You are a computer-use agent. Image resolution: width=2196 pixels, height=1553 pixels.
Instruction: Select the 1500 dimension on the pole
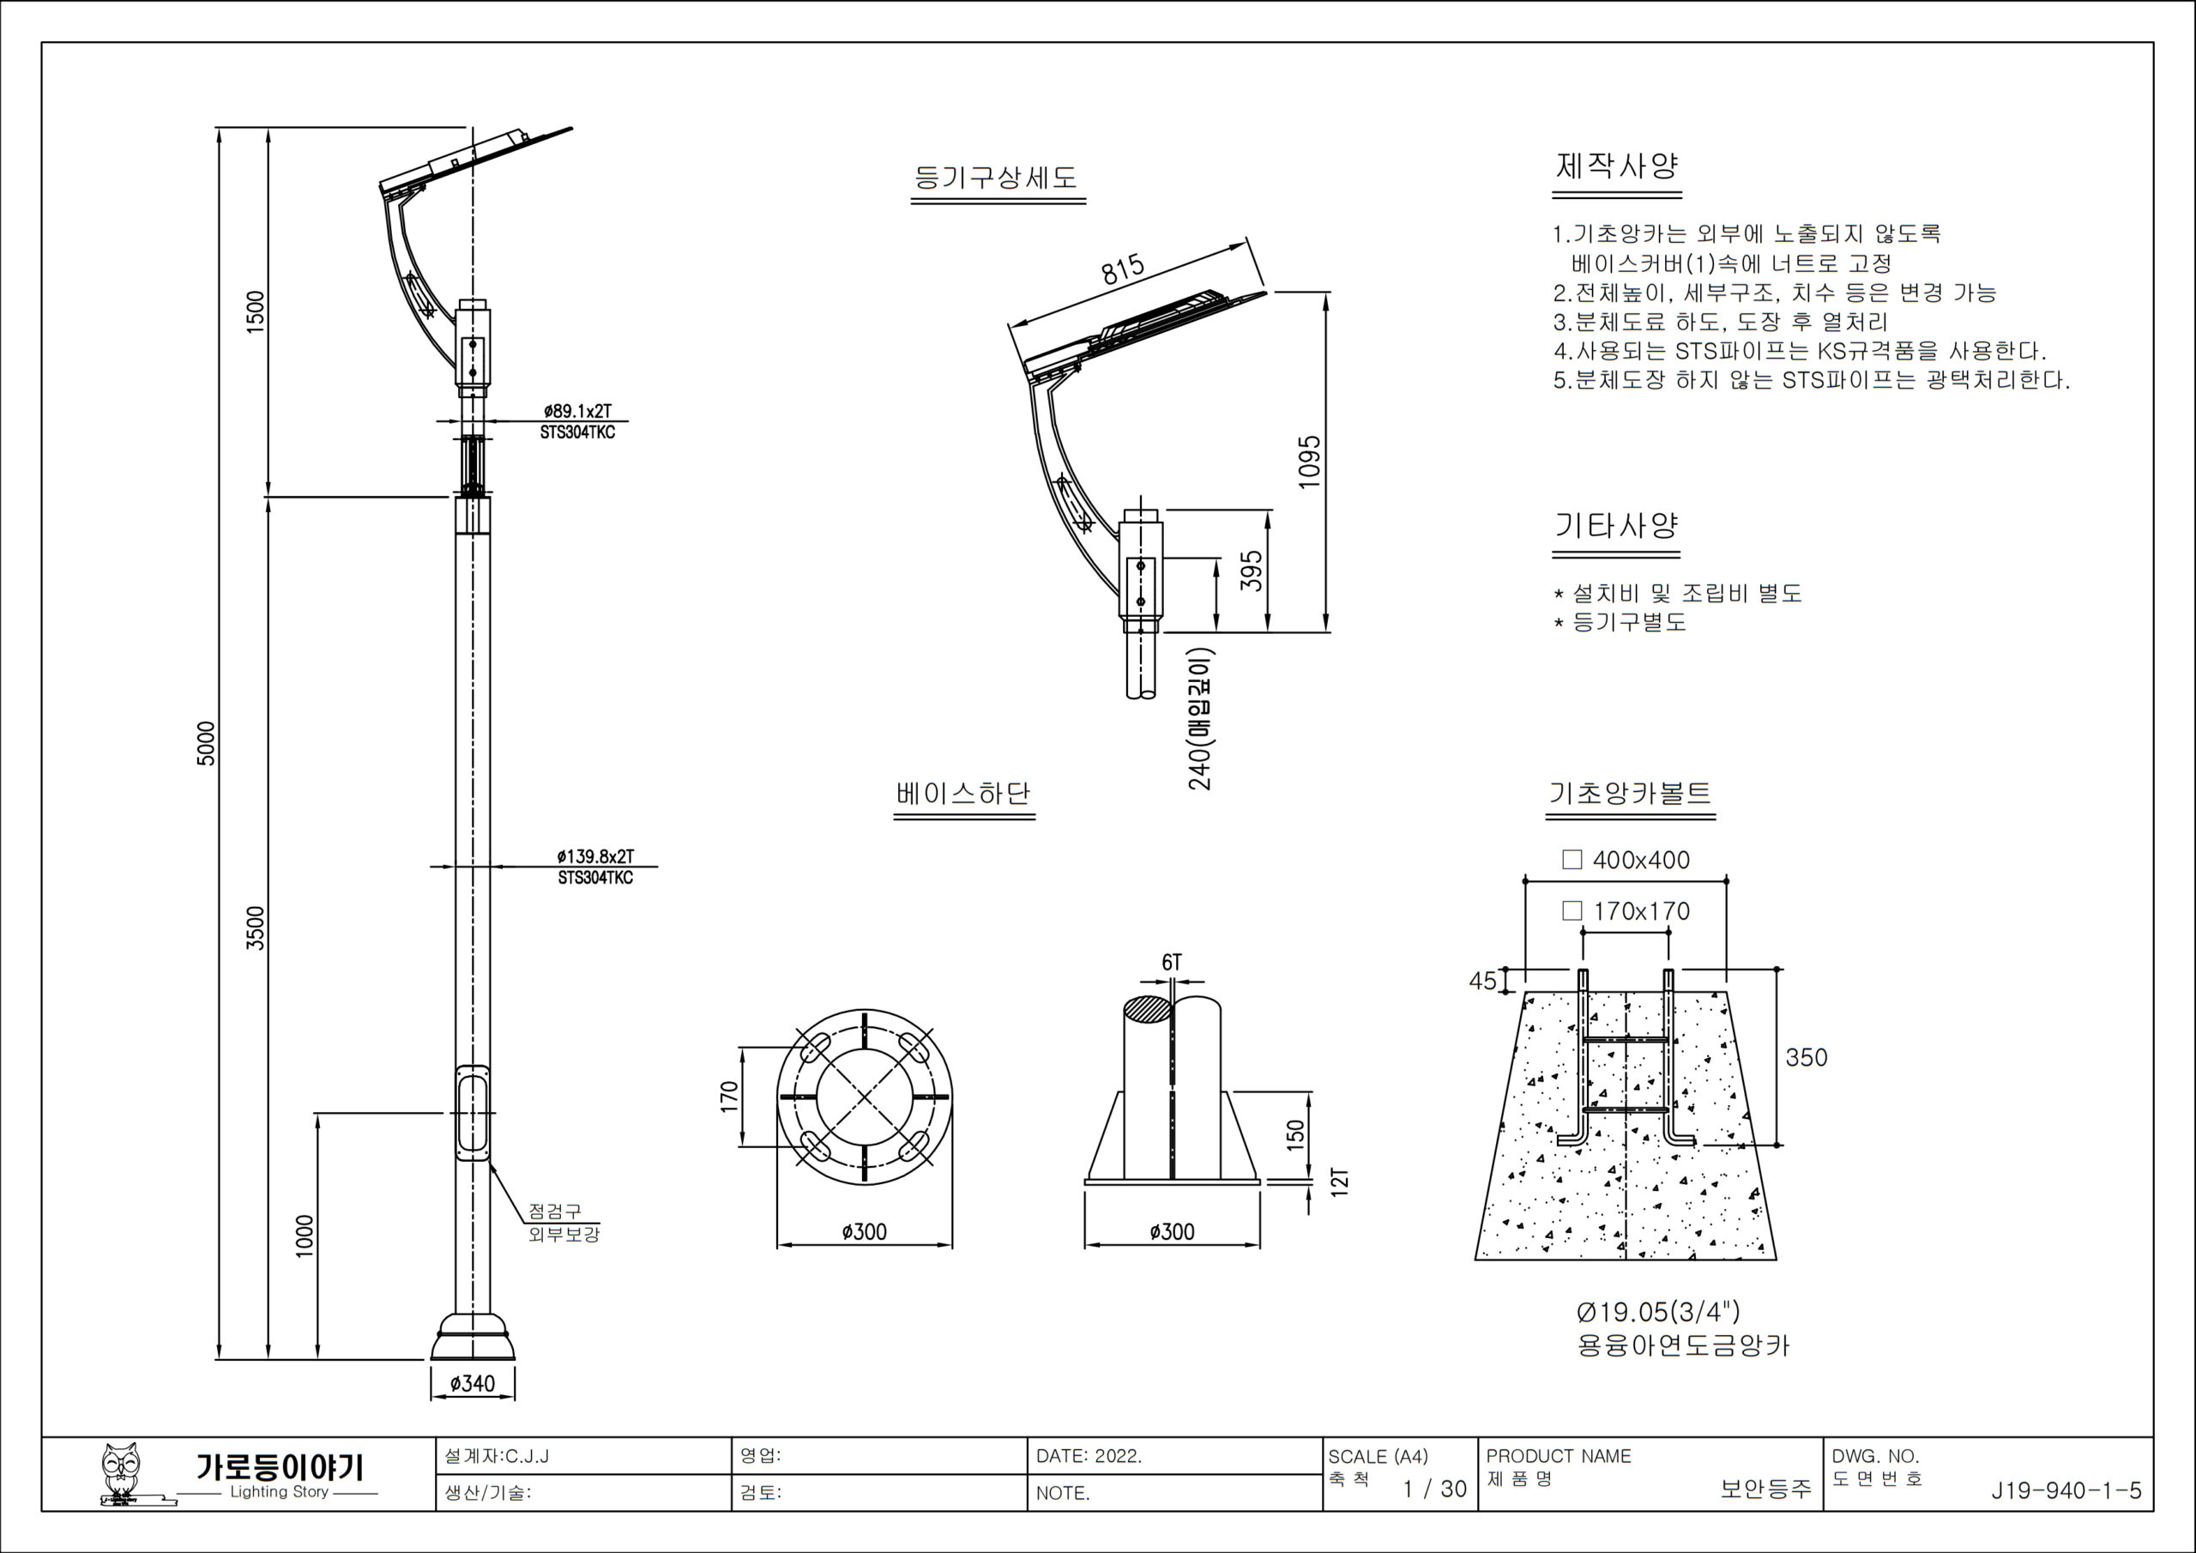point(256,312)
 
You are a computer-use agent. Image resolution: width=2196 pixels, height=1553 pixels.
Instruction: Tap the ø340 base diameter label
point(473,1384)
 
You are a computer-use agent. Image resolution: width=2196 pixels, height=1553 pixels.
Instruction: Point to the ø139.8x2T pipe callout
point(595,856)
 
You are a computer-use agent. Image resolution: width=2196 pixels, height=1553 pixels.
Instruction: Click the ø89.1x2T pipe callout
point(576,412)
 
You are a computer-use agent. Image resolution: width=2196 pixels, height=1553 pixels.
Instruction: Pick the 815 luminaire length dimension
point(1122,269)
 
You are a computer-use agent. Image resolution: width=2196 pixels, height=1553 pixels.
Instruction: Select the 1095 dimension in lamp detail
point(1309,462)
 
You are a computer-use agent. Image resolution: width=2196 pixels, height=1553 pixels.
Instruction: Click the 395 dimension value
point(1251,571)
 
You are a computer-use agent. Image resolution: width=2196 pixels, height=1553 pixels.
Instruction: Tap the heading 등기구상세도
point(997,178)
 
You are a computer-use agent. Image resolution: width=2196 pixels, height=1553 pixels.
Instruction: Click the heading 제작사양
point(1616,166)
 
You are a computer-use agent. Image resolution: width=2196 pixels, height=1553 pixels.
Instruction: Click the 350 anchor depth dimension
point(1806,1057)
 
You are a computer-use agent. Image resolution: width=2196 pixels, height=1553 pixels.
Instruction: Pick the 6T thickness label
point(1172,963)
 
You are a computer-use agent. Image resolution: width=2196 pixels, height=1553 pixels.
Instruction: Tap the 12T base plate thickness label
point(1340,1181)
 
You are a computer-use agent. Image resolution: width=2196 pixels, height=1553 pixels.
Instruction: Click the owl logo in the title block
point(124,1473)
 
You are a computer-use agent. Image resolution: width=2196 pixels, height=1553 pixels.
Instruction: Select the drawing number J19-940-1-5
point(2066,1491)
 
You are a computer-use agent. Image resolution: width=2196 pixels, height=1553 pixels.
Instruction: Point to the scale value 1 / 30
point(1433,1489)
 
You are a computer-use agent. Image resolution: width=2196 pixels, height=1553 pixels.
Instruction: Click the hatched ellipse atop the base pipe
point(1147,1008)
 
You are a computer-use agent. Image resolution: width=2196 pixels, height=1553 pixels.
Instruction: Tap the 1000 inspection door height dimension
point(305,1236)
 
